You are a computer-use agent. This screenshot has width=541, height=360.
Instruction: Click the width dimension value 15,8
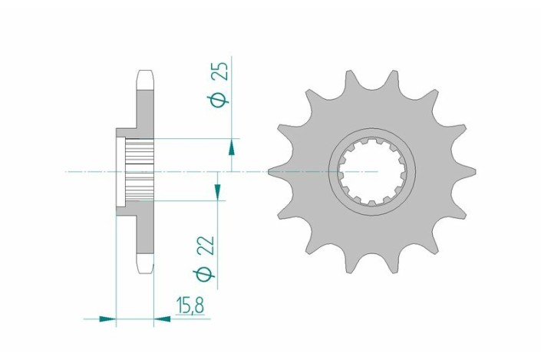(x=190, y=306)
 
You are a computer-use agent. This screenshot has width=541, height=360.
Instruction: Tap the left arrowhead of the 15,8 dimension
(x=107, y=317)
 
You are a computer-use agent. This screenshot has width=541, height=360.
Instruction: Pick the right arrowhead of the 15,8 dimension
(x=163, y=317)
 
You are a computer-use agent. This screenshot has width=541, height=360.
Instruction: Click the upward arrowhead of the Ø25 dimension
(x=231, y=146)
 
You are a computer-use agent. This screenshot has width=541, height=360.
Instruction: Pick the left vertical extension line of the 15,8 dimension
(x=116, y=269)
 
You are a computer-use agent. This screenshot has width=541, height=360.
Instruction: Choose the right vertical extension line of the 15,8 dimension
(x=155, y=299)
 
